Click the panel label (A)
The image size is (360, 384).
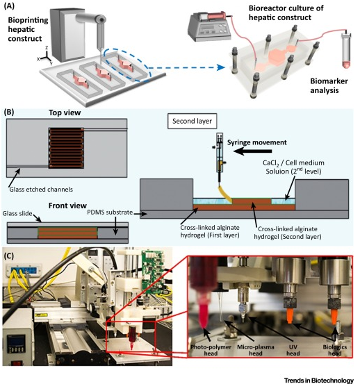coord(9,6)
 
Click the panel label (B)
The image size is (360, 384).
coord(9,112)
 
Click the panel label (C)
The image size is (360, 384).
coord(9,256)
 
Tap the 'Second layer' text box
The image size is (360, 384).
coord(192,121)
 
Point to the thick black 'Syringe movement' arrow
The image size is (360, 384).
coord(253,151)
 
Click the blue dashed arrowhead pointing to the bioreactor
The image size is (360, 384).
coord(222,67)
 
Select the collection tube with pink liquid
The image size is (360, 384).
coord(346,50)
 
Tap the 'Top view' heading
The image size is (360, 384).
coord(65,112)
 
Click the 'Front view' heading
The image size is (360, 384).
coord(67,206)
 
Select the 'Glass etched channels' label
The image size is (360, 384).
coord(41,190)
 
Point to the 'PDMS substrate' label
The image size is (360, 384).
coord(110,212)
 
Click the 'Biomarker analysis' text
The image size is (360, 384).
coord(329,85)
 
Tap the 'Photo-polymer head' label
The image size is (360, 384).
coord(211,350)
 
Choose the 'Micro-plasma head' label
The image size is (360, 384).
coord(256,350)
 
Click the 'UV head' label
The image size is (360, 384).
coord(293,350)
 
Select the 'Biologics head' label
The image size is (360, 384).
coord(335,350)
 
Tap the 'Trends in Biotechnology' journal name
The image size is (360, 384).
coord(319,381)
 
